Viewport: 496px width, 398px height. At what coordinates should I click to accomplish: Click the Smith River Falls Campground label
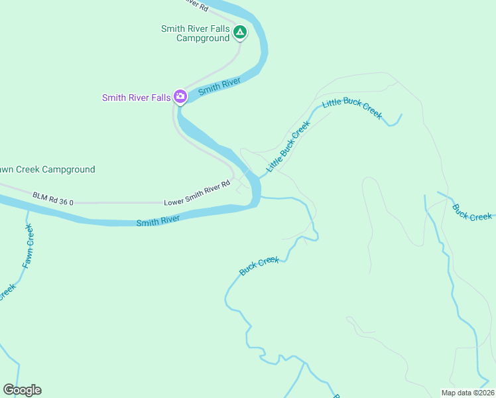[x=195, y=33]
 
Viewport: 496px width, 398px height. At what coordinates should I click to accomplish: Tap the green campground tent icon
[x=240, y=31]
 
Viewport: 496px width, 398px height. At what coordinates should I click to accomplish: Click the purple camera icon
[x=180, y=98]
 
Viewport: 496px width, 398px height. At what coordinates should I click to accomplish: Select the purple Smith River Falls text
[x=136, y=98]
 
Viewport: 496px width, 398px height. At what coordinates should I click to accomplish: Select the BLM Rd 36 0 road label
[x=52, y=197]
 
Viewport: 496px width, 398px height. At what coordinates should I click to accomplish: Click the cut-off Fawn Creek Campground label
[x=48, y=170]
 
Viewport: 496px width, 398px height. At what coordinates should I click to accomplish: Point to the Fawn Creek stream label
[x=27, y=246]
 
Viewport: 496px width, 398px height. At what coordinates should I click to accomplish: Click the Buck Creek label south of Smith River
[x=259, y=266]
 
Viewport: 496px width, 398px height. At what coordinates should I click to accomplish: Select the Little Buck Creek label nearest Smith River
[x=288, y=147]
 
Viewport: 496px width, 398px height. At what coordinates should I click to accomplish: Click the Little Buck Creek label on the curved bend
[x=352, y=108]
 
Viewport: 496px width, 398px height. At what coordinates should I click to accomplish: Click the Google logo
[x=22, y=390]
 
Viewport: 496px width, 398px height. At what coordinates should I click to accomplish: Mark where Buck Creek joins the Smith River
[x=259, y=196]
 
